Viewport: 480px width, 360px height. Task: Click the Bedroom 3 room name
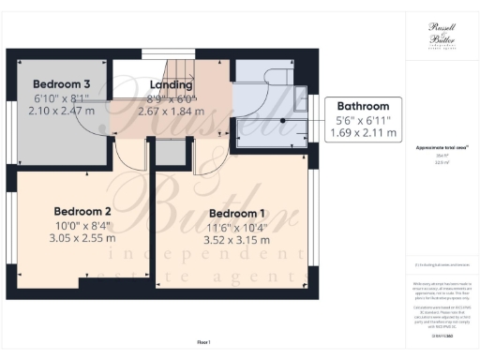62,83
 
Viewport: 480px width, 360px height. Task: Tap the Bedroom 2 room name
82,211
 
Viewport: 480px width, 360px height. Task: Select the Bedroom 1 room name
237,213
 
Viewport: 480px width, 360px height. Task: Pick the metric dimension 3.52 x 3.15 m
237,240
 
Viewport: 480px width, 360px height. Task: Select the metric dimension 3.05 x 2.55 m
82,238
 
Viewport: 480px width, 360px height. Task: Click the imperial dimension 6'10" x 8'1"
62,97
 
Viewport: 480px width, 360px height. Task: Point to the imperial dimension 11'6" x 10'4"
237,227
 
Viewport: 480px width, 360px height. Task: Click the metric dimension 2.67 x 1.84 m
170,111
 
